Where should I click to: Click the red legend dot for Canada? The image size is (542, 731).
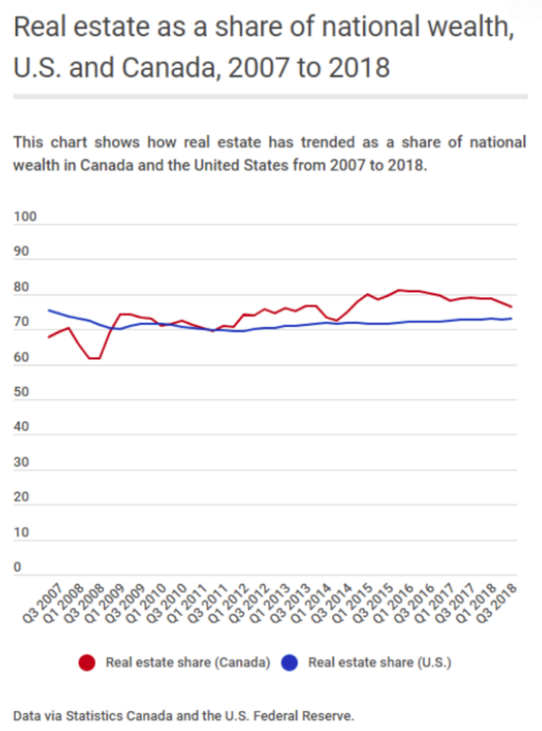(x=87, y=663)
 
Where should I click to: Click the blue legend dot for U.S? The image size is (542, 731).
(x=289, y=663)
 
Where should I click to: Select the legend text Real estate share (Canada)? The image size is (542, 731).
(x=188, y=662)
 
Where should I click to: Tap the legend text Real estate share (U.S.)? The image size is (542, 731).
(x=379, y=662)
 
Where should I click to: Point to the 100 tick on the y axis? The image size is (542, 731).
(x=24, y=218)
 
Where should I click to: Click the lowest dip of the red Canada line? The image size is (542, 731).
(x=95, y=358)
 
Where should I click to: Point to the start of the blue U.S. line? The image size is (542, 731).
(x=48, y=310)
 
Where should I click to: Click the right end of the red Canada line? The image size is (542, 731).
(x=511, y=307)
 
